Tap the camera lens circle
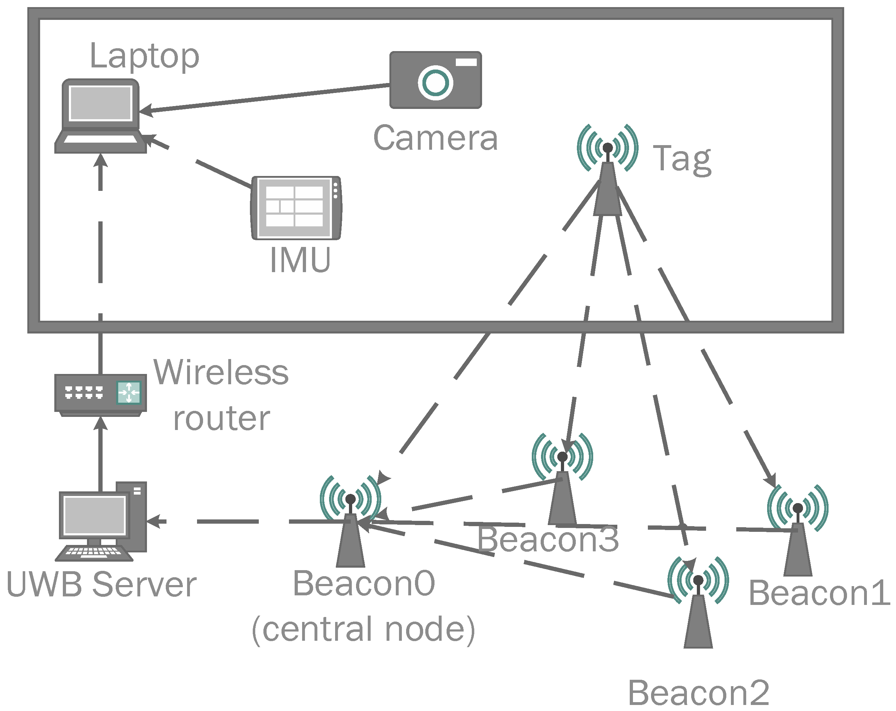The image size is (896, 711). click(435, 82)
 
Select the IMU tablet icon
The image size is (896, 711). click(296, 208)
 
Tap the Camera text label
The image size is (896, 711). click(435, 138)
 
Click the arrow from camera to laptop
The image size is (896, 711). click(266, 98)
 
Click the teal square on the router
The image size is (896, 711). click(129, 392)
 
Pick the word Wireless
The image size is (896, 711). click(221, 373)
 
